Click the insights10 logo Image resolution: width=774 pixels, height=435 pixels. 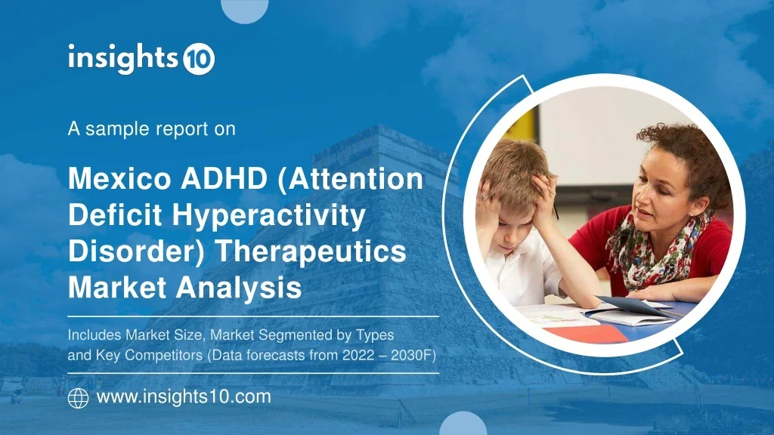pyautogui.click(x=141, y=59)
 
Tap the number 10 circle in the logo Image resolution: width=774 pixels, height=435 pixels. pyautogui.click(x=199, y=60)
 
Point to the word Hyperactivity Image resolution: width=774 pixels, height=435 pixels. pyautogui.click(x=268, y=216)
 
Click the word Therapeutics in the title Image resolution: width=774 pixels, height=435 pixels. pyautogui.click(x=311, y=252)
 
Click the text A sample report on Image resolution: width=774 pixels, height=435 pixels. pyautogui.click(x=151, y=129)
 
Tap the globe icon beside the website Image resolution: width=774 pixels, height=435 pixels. pyautogui.click(x=78, y=398)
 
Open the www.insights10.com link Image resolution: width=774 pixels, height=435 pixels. pyautogui.click(x=184, y=397)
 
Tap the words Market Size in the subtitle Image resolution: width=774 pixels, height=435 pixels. pyautogui.click(x=160, y=335)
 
